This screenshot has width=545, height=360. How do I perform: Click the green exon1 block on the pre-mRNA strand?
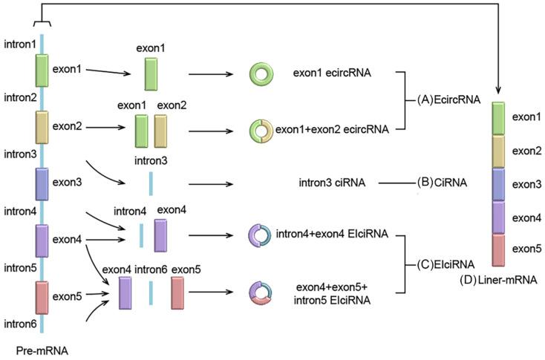pyautogui.click(x=42, y=71)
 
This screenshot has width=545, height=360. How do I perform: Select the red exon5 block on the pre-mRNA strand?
pyautogui.click(x=42, y=297)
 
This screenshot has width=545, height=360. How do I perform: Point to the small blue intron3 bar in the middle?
pyautogui.click(x=151, y=183)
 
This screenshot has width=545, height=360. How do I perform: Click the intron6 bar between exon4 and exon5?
pyautogui.click(x=151, y=292)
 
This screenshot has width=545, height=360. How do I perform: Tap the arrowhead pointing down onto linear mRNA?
pyautogui.click(x=497, y=92)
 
